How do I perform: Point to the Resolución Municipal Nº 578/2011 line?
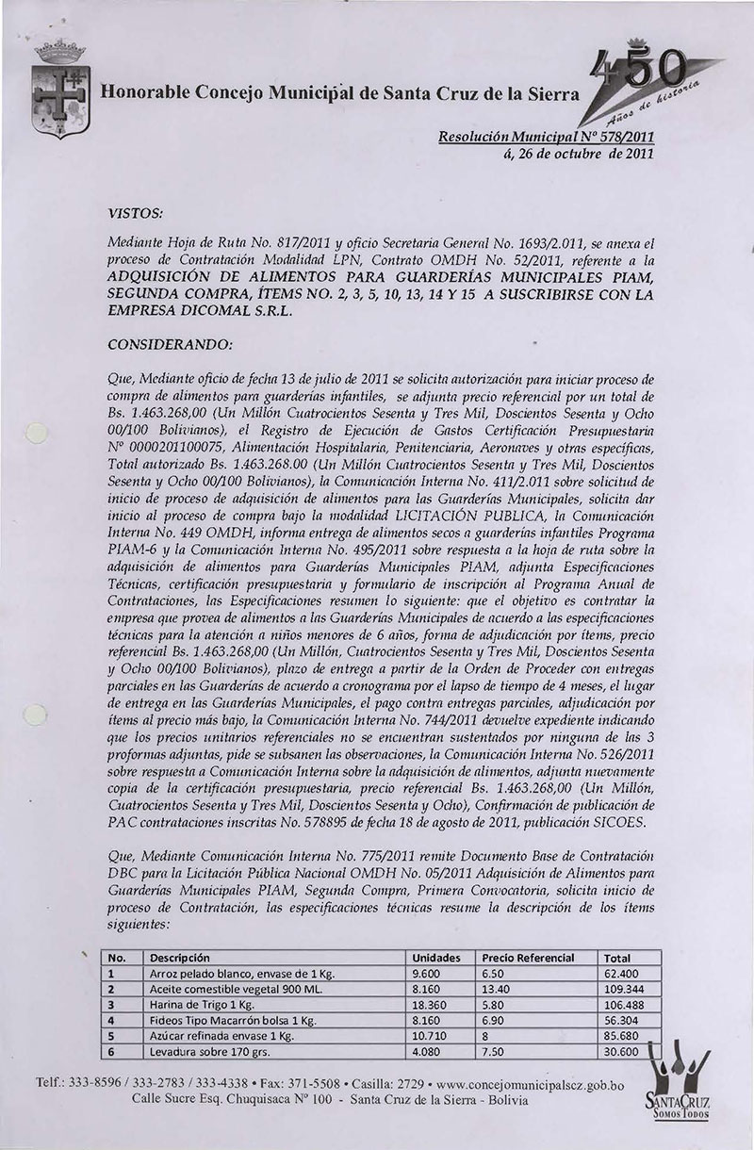click(548, 138)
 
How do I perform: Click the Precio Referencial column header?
click(528, 956)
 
